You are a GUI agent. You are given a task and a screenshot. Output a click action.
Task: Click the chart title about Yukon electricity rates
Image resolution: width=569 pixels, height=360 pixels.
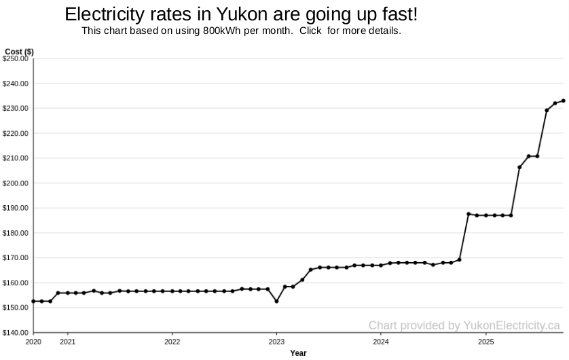click(241, 14)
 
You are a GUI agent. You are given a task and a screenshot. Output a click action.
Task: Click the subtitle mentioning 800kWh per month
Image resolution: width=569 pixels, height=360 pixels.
click(241, 31)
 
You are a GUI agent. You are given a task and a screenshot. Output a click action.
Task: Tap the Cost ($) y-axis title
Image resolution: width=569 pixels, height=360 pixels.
click(19, 52)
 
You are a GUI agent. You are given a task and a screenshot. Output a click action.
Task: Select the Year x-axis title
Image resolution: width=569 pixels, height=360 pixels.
click(298, 353)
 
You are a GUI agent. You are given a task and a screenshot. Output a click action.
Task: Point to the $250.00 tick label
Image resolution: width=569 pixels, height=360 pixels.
click(16, 59)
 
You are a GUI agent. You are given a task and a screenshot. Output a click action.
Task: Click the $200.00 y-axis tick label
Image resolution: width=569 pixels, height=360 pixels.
click(16, 183)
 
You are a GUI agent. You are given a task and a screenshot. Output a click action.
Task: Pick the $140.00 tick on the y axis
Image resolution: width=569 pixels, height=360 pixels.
click(16, 333)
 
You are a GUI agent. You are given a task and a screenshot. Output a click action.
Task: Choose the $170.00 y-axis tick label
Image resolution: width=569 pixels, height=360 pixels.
click(16, 258)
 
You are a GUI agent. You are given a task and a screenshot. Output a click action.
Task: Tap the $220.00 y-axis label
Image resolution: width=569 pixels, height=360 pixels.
click(16, 134)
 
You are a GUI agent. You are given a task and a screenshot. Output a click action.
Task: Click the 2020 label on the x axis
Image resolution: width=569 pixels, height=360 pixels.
click(33, 342)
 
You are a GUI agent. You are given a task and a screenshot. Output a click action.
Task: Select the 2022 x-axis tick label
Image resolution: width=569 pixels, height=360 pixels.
click(172, 342)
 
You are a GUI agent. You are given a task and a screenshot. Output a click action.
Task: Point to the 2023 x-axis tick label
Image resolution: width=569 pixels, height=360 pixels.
click(276, 342)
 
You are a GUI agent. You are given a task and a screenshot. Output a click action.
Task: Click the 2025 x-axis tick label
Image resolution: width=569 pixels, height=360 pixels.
click(485, 342)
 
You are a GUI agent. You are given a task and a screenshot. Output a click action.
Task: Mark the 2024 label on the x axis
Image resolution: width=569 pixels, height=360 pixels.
click(381, 342)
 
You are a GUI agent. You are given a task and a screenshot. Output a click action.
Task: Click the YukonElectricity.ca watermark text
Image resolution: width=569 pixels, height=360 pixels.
click(464, 325)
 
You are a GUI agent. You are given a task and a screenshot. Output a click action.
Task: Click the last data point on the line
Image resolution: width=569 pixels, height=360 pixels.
click(564, 101)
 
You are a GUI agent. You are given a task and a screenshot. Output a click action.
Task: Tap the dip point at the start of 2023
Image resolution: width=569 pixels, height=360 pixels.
click(276, 301)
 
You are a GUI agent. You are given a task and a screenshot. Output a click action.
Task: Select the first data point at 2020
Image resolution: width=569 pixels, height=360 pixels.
click(33, 301)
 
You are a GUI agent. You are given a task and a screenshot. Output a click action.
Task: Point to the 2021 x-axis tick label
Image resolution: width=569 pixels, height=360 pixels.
click(68, 342)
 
